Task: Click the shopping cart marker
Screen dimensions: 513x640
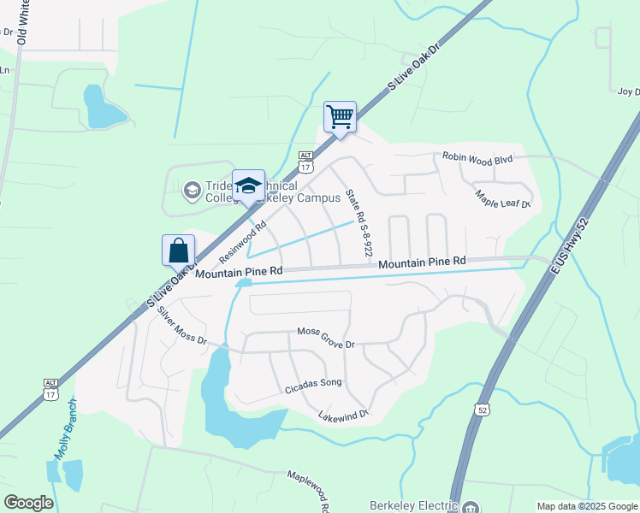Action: [340, 117]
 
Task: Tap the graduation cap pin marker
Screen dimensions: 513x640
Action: [248, 186]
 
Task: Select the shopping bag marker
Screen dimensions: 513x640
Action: [178, 251]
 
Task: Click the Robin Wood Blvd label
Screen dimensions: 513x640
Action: [477, 158]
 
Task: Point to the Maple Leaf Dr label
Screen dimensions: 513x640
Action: [504, 199]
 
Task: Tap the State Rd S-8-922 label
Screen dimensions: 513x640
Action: [357, 223]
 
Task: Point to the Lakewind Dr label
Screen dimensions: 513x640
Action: [342, 415]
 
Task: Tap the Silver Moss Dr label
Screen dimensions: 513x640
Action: [182, 328]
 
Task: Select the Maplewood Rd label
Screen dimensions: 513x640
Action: [310, 486]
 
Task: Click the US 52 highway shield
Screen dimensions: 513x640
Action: [483, 411]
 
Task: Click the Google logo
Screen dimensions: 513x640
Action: [28, 503]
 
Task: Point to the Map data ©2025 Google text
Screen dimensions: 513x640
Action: [586, 506]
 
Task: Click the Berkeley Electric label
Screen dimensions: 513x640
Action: [413, 505]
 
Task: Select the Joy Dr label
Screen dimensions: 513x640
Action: [629, 91]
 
